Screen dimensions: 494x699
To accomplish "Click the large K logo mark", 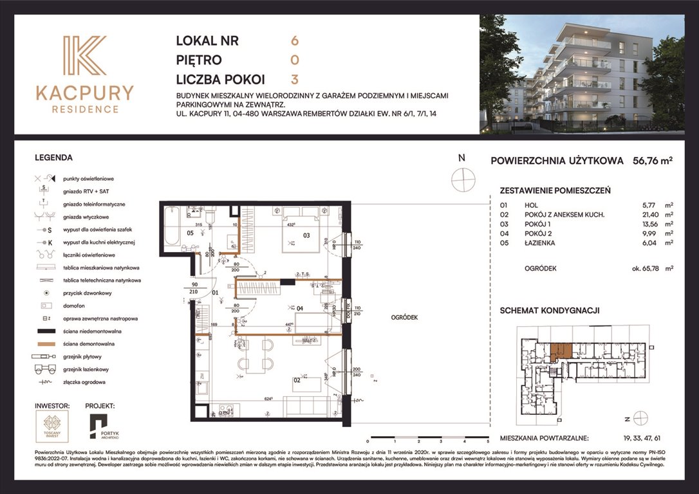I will click(x=84, y=57).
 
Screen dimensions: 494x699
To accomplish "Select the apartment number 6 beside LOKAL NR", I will click(x=295, y=41).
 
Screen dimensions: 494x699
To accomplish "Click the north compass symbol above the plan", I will click(x=462, y=179).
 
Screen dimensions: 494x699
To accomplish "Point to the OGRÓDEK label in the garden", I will click(x=404, y=317).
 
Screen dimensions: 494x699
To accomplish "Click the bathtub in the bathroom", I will click(x=172, y=226).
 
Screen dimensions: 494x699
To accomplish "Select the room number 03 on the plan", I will click(x=306, y=235).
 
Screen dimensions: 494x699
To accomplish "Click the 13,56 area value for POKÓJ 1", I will click(x=645, y=224).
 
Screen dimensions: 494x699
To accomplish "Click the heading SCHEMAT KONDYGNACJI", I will click(x=550, y=310).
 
